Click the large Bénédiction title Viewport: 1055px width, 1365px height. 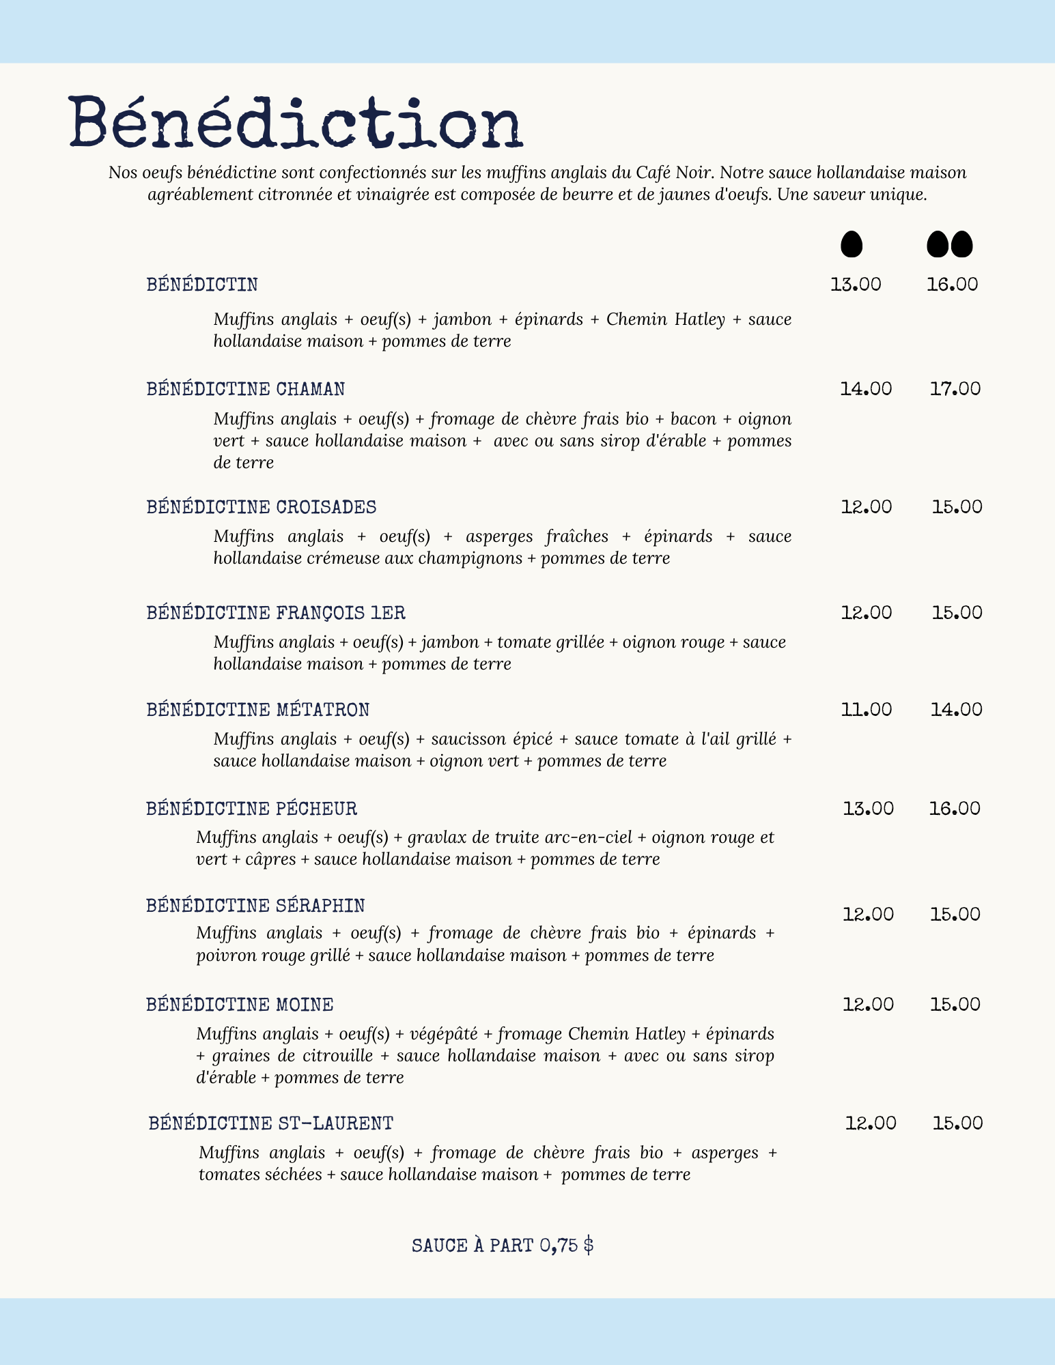(x=295, y=123)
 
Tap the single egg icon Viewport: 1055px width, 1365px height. (x=851, y=244)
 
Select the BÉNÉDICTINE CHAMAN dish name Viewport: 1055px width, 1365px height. (x=246, y=389)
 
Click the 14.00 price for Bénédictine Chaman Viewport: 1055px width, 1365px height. (x=865, y=389)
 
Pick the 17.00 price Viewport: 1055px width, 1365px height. (x=955, y=389)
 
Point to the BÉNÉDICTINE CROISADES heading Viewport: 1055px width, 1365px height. (x=262, y=507)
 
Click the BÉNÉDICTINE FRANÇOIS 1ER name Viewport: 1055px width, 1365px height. (x=276, y=613)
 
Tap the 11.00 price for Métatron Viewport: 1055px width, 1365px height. (x=866, y=710)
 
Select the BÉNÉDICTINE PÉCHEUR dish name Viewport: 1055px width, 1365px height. (x=251, y=809)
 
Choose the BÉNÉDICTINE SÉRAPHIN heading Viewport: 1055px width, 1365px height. (x=255, y=906)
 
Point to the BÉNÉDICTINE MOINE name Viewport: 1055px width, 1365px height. (x=240, y=1005)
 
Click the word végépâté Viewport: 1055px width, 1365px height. (x=443, y=1034)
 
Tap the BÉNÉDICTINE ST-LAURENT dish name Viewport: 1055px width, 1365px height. (x=271, y=1123)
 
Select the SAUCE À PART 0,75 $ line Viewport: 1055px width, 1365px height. (x=503, y=1246)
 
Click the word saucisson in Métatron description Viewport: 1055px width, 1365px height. (x=466, y=739)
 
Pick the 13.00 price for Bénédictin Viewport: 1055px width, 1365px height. (x=856, y=284)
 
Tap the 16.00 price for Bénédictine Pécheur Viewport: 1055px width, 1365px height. (x=954, y=809)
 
